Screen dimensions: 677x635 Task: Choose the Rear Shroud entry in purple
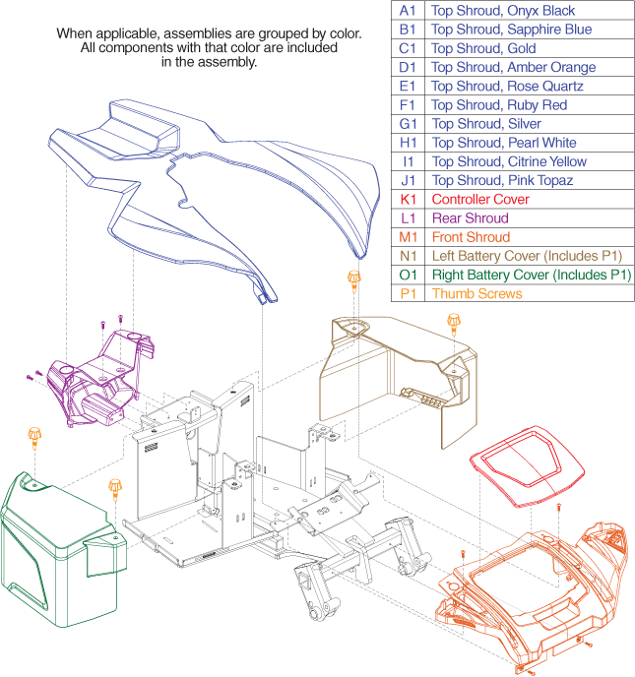pyautogui.click(x=470, y=217)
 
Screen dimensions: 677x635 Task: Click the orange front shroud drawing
pyautogui.click(x=522, y=590)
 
